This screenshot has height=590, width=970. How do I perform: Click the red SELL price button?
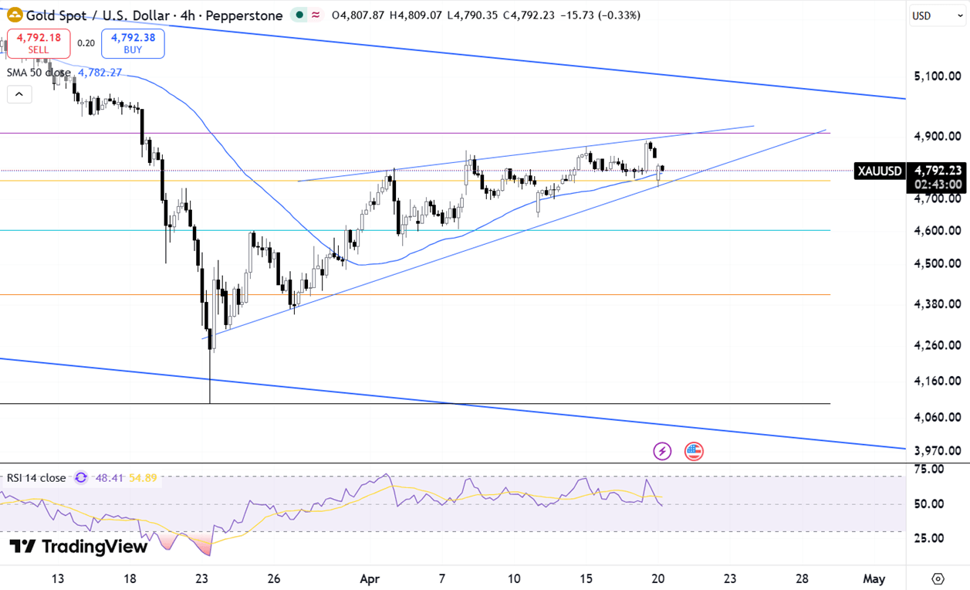point(39,43)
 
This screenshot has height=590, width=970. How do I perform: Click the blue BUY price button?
point(133,43)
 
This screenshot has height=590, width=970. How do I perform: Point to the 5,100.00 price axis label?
point(938,76)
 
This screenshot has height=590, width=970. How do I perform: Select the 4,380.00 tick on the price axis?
point(938,303)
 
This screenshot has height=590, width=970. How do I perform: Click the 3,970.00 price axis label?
point(938,450)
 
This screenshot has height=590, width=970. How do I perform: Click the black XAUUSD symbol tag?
point(879,171)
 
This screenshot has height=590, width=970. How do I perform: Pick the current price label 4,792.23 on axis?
point(938,171)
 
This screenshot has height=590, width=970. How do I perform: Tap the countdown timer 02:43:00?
point(938,185)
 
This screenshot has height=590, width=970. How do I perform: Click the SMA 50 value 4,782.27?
point(100,73)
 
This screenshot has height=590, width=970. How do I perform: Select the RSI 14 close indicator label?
point(36,478)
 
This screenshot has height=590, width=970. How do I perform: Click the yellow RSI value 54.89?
point(143,478)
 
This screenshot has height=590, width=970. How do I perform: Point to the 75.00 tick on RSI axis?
point(930,469)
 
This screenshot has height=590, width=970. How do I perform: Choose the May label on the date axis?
point(874,578)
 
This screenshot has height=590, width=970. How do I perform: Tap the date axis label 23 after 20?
point(730,578)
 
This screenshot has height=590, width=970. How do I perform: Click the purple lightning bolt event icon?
point(662,451)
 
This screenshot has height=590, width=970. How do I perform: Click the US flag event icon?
point(694,451)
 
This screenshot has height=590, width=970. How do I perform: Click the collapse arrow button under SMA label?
point(19,95)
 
